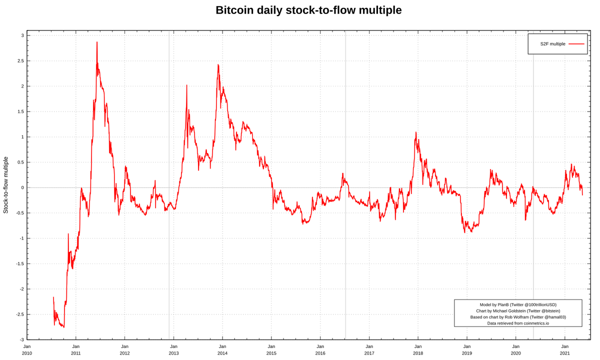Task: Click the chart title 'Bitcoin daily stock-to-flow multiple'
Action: point(308,10)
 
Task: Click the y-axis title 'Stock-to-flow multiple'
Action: point(6,185)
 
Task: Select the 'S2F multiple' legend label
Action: point(552,44)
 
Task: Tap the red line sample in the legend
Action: point(576,44)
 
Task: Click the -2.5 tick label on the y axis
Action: point(18,314)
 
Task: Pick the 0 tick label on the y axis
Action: point(22,187)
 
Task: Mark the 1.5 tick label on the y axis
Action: point(19,111)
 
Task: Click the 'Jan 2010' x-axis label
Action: point(27,349)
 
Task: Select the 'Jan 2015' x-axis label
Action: point(271,349)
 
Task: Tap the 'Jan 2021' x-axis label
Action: point(564,349)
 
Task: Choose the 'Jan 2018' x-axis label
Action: point(417,349)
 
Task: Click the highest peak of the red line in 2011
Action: point(97,42)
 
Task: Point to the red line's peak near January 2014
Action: point(218,65)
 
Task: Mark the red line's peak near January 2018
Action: point(416,133)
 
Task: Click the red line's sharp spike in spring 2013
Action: point(187,86)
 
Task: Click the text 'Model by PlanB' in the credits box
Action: point(518,304)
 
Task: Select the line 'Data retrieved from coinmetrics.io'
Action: point(518,323)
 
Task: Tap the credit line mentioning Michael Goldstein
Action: point(518,311)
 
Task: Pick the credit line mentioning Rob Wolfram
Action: point(518,317)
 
